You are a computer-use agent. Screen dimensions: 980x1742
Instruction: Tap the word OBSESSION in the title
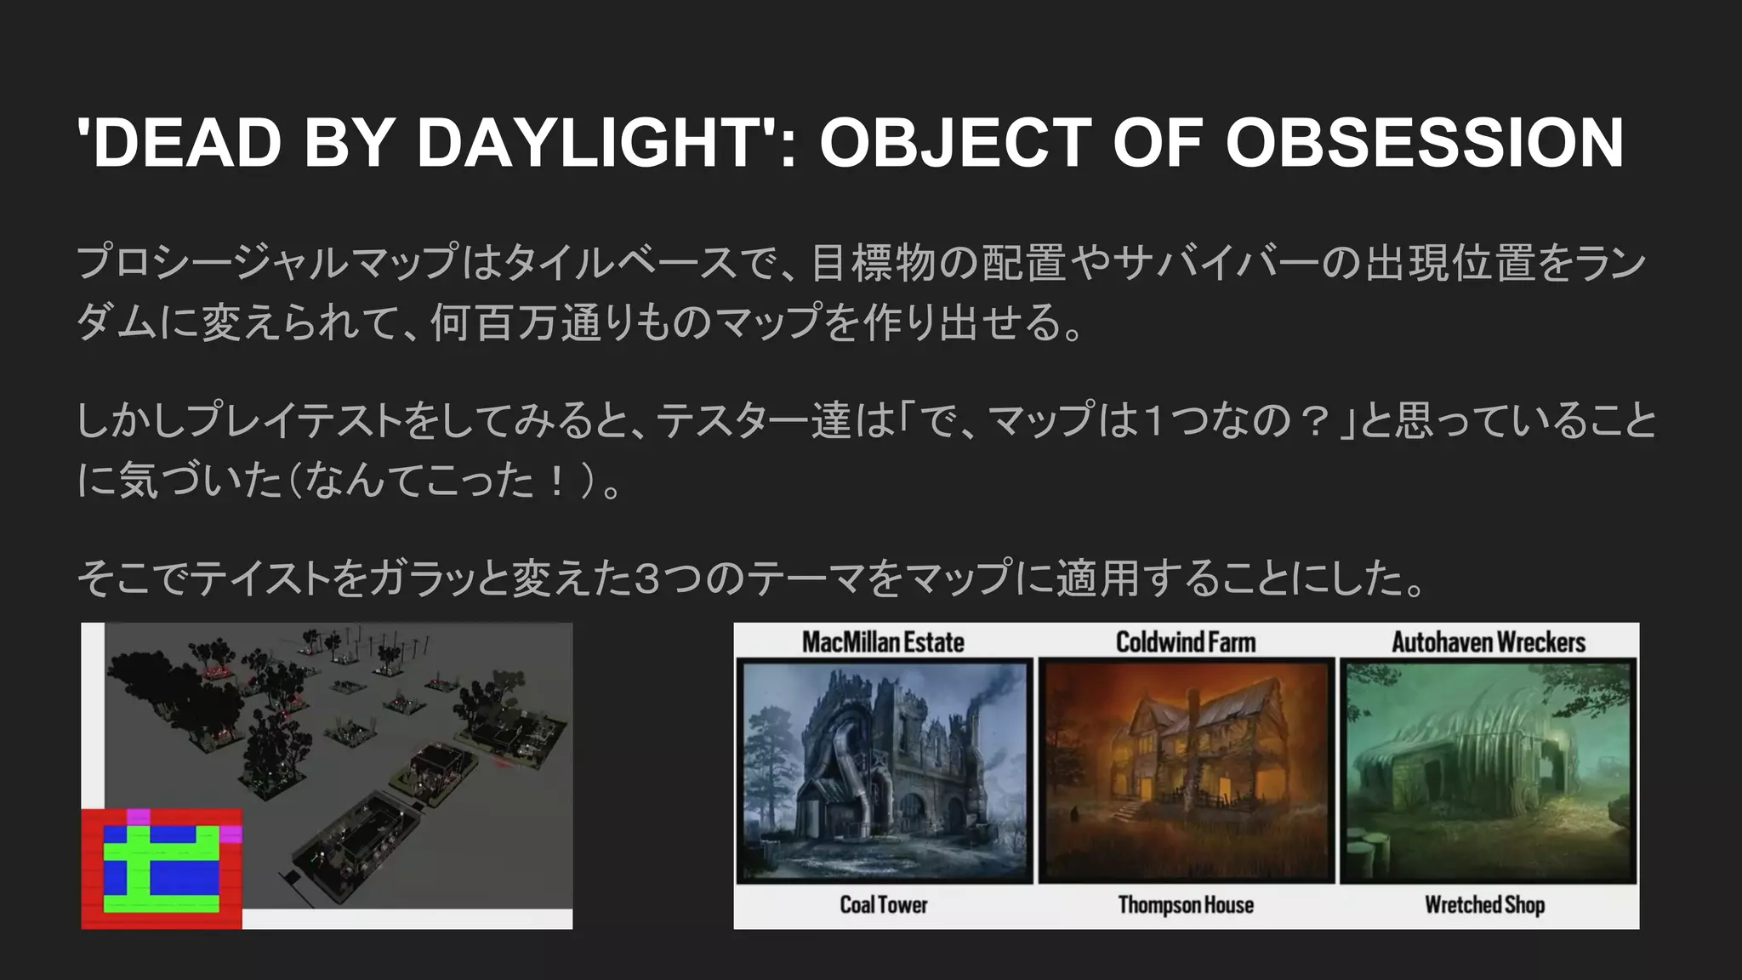[1424, 142]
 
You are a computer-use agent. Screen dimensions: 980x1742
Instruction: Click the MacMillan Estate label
[883, 641]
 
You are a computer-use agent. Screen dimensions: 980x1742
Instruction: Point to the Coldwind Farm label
[1186, 641]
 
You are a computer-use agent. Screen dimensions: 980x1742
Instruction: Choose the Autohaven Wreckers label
[1489, 641]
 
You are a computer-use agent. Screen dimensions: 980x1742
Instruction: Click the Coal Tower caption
[883, 904]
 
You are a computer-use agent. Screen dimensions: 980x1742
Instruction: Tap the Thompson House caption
[1186, 904]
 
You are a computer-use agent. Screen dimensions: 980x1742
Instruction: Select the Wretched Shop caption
[1485, 904]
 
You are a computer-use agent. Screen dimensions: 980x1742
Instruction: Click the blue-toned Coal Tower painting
[885, 770]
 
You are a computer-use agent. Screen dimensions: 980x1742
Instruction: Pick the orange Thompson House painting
[1186, 770]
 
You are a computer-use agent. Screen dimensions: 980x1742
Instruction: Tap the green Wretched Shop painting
[1487, 770]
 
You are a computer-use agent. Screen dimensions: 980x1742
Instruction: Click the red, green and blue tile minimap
[162, 868]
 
